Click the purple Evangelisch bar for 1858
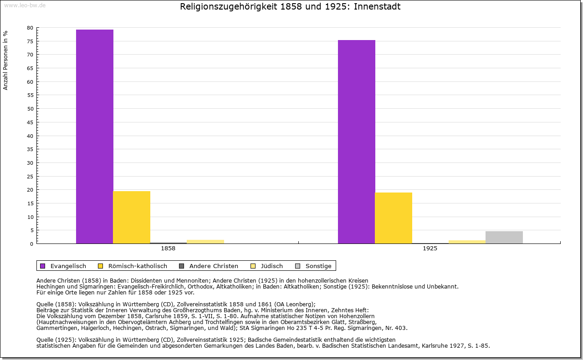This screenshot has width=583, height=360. [95, 137]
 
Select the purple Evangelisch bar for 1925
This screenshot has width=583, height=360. [357, 142]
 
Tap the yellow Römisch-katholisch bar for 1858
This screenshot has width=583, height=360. [132, 217]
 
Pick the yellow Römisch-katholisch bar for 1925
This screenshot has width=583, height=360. [394, 218]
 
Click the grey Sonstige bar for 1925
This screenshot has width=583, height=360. [504, 237]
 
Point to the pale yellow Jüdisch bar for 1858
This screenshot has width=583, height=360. [205, 241]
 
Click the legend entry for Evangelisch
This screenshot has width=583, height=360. [68, 266]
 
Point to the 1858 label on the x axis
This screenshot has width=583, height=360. [168, 248]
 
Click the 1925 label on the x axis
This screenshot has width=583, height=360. [430, 248]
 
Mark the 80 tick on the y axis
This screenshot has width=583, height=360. [30, 28]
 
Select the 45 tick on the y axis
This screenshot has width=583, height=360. [30, 122]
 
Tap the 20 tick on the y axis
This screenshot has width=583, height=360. [30, 190]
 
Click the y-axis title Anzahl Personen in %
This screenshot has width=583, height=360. [5, 60]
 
